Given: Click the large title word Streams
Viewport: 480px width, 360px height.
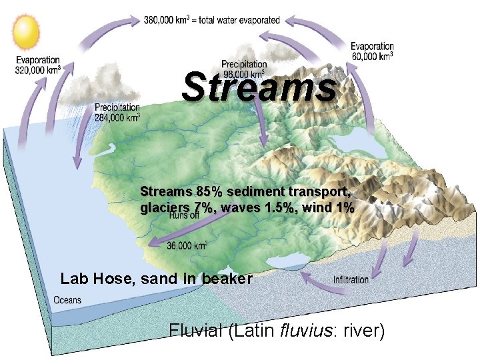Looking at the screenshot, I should click(x=259, y=87).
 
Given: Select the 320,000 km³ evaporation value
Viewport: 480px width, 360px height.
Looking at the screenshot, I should click(x=38, y=69).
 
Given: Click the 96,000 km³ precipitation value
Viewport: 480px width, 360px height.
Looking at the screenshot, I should click(x=243, y=73).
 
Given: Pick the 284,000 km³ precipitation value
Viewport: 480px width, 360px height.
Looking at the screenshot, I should click(x=117, y=117).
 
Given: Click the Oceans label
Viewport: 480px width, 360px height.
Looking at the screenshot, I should click(x=67, y=300).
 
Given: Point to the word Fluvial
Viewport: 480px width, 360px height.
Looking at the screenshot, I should click(x=196, y=331).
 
